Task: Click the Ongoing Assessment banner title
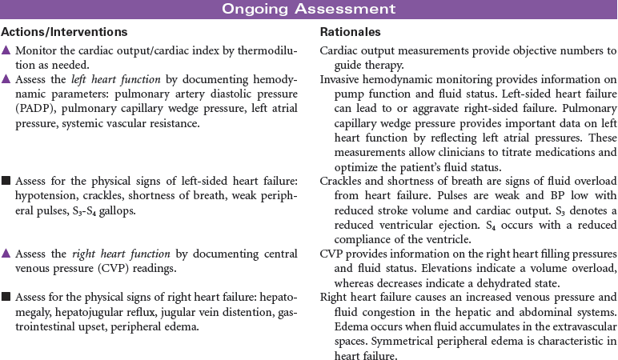tap(309, 9)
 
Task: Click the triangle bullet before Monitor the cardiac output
tap(6, 50)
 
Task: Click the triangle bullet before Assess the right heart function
tap(6, 254)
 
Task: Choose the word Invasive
tap(340, 81)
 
